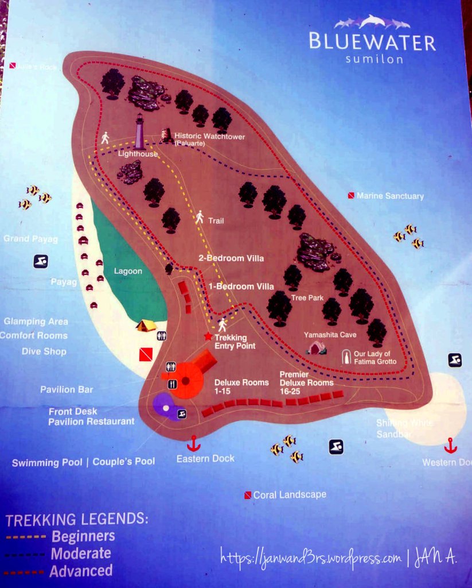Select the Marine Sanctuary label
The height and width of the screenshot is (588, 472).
click(x=390, y=196)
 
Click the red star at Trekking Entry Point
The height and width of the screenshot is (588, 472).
click(x=208, y=336)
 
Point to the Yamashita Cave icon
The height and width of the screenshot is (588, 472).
click(x=316, y=347)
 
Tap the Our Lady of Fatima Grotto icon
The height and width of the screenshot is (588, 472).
click(x=346, y=357)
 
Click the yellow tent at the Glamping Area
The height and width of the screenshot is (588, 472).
click(x=146, y=326)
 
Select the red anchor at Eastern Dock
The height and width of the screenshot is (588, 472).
click(x=194, y=443)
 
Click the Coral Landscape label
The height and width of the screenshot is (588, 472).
click(x=290, y=494)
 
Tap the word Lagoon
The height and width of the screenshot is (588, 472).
click(x=127, y=271)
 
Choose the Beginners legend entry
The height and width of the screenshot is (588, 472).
click(x=83, y=536)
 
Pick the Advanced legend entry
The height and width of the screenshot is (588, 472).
click(x=81, y=571)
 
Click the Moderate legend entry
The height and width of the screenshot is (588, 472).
click(x=81, y=554)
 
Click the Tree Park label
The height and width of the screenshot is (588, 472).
click(x=307, y=297)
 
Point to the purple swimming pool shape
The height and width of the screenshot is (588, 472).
click(x=165, y=407)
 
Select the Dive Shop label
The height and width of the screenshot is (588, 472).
click(x=44, y=351)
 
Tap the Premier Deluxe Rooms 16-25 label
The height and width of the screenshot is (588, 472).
click(x=306, y=379)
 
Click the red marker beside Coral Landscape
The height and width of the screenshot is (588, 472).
click(x=248, y=495)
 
